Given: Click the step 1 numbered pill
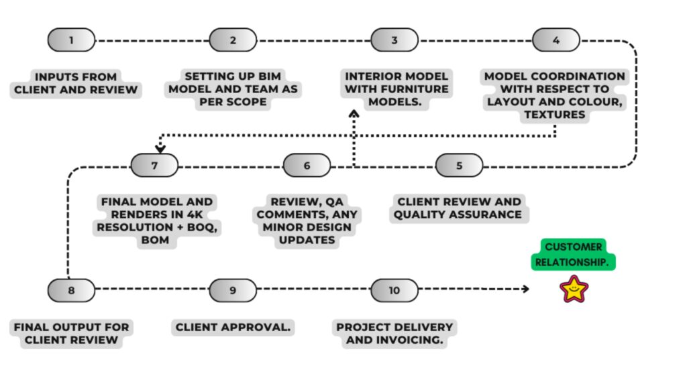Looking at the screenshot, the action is [71, 40].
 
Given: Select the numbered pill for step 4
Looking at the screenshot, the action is [556, 40].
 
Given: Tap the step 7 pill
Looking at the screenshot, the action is [154, 166].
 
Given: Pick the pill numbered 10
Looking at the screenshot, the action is [394, 290].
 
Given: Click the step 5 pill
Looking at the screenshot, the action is [459, 166].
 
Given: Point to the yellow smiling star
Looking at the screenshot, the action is [574, 289].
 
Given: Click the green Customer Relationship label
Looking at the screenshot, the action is [573, 254].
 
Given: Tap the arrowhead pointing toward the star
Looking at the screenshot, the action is [525, 289].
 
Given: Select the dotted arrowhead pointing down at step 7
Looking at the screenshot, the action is [160, 149].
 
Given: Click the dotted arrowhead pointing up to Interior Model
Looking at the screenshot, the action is [354, 114].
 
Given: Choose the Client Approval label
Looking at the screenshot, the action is [233, 327].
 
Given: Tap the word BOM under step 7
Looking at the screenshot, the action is [155, 240].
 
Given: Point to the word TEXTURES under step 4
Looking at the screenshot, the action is [555, 115].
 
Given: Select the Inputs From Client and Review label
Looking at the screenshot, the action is [75, 83].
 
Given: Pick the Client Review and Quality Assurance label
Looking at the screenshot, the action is [458, 208].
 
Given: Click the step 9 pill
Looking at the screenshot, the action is [233, 290].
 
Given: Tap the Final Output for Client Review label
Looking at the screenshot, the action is [71, 333].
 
